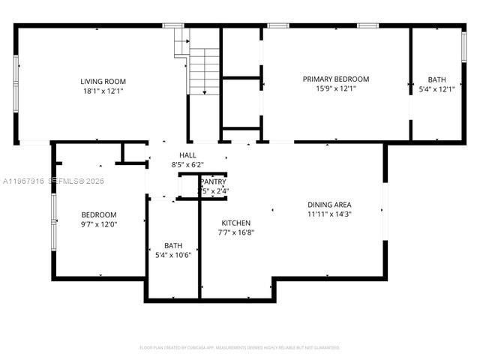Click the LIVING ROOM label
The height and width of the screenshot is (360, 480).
tap(103, 81)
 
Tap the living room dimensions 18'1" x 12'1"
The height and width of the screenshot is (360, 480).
tap(103, 91)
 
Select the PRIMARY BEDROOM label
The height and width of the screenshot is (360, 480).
tap(335, 79)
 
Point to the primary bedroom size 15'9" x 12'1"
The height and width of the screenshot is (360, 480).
tap(335, 88)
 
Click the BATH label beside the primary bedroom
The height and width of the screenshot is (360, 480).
tap(436, 79)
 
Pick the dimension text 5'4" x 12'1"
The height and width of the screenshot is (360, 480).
tap(436, 89)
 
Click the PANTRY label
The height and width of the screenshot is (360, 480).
tap(213, 182)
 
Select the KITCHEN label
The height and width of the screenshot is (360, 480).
tap(236, 223)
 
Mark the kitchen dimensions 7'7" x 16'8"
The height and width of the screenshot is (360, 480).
tap(236, 232)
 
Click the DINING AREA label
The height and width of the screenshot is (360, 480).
tap(329, 204)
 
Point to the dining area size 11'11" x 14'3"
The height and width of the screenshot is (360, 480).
tap(329, 214)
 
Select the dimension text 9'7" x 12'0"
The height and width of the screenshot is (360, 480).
tap(99, 223)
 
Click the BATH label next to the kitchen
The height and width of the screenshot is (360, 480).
tap(173, 245)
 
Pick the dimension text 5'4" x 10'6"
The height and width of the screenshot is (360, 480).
tap(173, 255)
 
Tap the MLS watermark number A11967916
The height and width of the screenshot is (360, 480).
tap(25, 181)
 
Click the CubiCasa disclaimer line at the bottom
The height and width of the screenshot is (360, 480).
tap(240, 347)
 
